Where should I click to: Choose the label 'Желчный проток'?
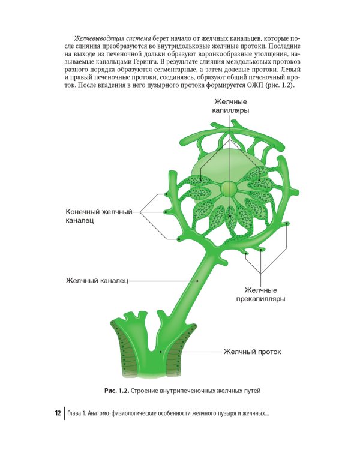click(x=251, y=352)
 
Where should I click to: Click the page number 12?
click(x=57, y=413)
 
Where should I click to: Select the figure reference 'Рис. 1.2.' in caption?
click(x=116, y=391)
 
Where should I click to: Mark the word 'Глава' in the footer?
click(x=79, y=413)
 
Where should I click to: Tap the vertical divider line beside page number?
click(x=64, y=413)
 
